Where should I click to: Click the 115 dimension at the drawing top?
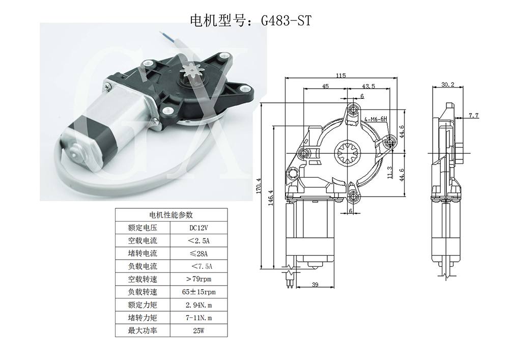[341, 75]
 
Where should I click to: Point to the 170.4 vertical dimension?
[259, 186]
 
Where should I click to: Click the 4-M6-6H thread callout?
[376, 119]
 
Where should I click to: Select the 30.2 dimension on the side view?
[448, 85]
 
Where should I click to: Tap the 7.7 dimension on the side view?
[473, 116]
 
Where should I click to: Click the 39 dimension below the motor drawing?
[315, 285]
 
